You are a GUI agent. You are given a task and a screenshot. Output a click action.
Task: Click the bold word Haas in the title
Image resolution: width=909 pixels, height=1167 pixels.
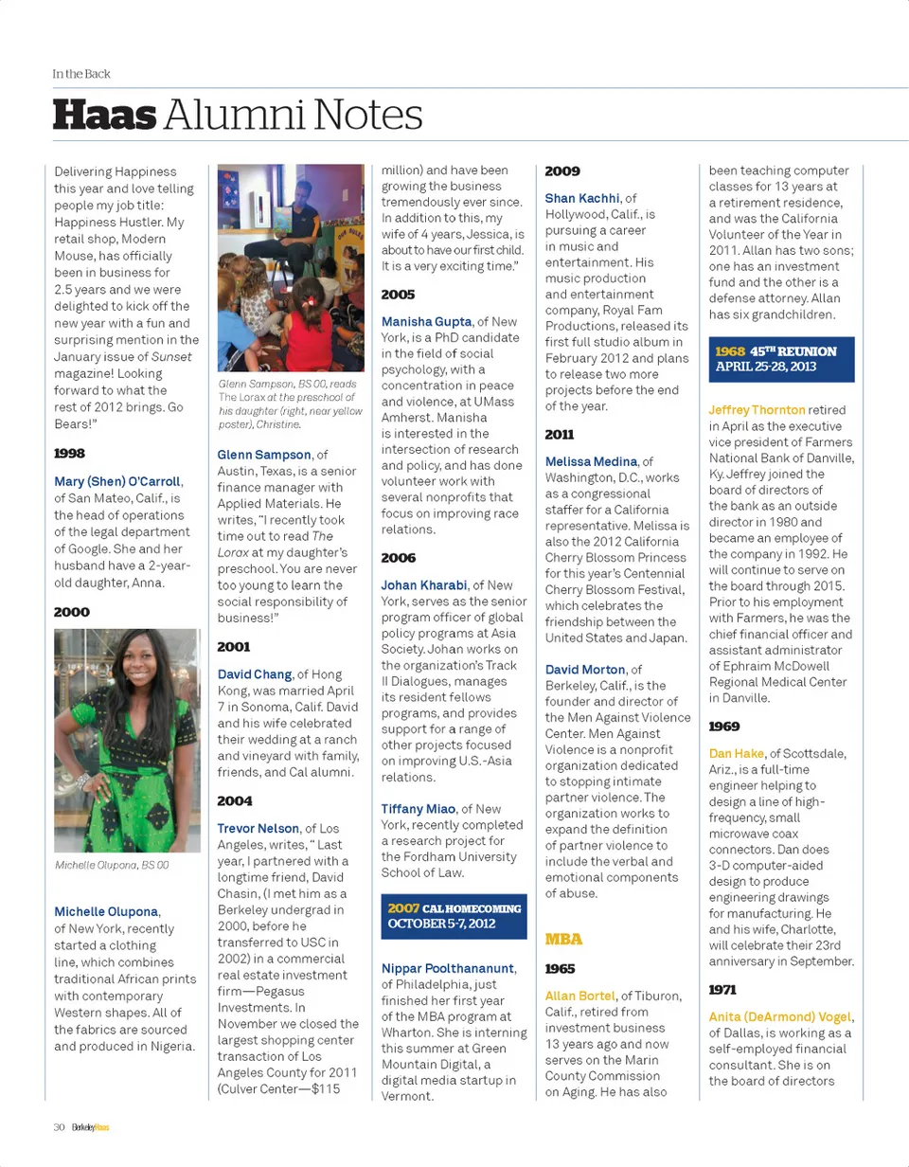tap(104, 116)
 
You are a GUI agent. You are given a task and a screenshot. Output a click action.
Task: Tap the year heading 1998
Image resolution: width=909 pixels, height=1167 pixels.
tap(70, 453)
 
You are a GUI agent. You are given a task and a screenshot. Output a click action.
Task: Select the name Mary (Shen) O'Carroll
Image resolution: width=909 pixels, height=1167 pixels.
tap(116, 481)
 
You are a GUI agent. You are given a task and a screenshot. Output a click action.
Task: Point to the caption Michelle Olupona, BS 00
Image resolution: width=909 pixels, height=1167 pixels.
tap(112, 865)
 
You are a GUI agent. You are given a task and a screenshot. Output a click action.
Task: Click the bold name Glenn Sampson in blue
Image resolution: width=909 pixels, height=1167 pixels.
tap(264, 455)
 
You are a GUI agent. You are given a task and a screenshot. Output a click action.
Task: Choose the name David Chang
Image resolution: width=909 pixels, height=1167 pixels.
tap(255, 674)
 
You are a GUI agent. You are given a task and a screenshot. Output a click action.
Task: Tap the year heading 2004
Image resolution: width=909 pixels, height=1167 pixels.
tap(234, 800)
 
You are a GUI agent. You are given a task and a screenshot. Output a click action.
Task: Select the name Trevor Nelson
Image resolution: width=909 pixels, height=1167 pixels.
tap(258, 829)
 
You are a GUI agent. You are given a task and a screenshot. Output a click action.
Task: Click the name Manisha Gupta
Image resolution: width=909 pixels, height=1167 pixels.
tap(426, 322)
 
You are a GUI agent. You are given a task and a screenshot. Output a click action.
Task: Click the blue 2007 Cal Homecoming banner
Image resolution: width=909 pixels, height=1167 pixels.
tap(454, 916)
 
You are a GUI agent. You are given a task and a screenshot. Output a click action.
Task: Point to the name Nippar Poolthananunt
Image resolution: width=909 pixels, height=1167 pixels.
tap(448, 968)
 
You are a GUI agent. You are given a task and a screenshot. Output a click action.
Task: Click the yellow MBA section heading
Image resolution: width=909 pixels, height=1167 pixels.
tap(563, 939)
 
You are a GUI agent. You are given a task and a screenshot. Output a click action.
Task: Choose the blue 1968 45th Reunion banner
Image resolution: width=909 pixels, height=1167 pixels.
tap(781, 358)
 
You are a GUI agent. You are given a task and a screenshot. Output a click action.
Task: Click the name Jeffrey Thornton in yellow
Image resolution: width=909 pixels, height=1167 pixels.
tap(757, 410)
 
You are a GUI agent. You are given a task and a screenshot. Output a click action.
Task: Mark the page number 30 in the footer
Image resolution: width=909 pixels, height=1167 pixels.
tap(59, 1127)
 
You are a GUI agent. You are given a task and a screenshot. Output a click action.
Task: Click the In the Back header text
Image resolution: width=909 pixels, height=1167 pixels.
tap(81, 73)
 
